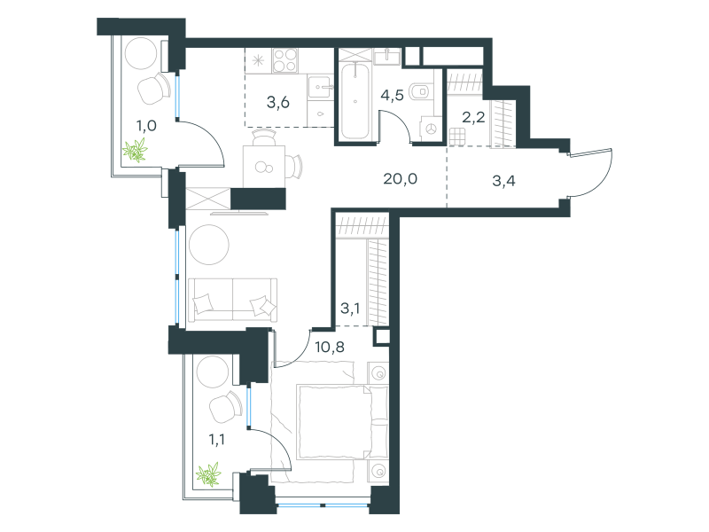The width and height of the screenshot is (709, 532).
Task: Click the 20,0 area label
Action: pyautogui.click(x=401, y=180)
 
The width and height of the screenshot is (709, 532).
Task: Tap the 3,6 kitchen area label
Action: pyautogui.click(x=278, y=103)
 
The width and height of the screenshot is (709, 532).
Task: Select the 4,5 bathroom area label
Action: pyautogui.click(x=392, y=96)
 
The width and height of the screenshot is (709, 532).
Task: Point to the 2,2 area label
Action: pyautogui.click(x=473, y=118)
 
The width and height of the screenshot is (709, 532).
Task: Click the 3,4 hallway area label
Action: pyautogui.click(x=503, y=182)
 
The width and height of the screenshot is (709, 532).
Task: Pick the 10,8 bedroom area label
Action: pyautogui.click(x=330, y=348)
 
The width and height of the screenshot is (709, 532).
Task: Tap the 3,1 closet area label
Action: pyautogui.click(x=350, y=309)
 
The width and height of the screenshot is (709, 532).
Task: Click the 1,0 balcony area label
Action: pyautogui.click(x=146, y=126)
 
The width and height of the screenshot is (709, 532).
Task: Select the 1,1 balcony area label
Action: pyautogui.click(x=217, y=439)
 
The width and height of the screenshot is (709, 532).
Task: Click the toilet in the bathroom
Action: pyautogui.click(x=419, y=92)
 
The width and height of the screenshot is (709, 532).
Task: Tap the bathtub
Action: pyautogui.click(x=355, y=101)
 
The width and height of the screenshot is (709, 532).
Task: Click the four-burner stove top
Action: pyautogui.click(x=284, y=60)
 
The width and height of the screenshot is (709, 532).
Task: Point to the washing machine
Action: pyautogui.click(x=431, y=129)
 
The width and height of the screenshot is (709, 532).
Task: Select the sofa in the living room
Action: pyautogui.click(x=232, y=300)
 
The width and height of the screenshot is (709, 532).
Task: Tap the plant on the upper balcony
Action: pyautogui.click(x=136, y=150)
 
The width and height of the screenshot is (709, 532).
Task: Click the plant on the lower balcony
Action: pyautogui.click(x=208, y=474)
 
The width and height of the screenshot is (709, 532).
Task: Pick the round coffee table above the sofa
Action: pyautogui.click(x=209, y=245)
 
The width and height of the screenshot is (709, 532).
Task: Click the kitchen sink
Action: pyautogui.click(x=320, y=87)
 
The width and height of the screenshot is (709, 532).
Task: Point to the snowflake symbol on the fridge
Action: pyautogui.click(x=258, y=60)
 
